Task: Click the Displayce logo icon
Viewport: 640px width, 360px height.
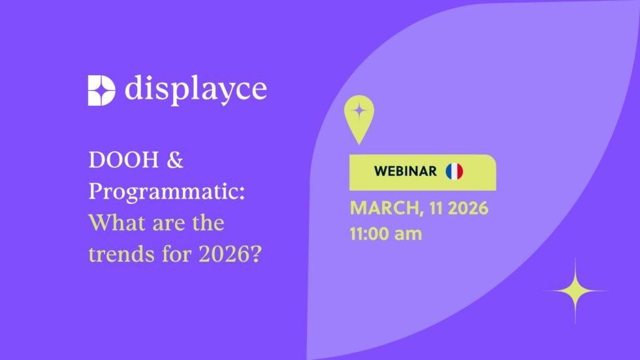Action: pos(102,90)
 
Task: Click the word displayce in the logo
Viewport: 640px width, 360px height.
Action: pos(196,90)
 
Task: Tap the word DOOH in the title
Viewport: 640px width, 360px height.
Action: pos(123,159)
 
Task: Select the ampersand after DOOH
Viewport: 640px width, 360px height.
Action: pos(175,159)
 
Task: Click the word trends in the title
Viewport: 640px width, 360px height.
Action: pos(122,254)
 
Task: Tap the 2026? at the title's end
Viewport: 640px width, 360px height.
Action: pos(230,254)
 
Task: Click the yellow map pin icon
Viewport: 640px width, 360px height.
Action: pos(359,119)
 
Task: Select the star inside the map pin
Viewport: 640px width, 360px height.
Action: pos(359,110)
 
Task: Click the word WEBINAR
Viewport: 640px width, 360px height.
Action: pos(406,171)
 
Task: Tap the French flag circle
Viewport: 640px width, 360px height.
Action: pos(455,171)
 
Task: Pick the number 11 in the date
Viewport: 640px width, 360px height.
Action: pos(436,208)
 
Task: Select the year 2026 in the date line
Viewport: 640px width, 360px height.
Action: pos(468,208)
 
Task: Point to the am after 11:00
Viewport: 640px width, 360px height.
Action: pos(408,235)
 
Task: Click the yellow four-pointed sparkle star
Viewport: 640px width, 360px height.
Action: pos(575,291)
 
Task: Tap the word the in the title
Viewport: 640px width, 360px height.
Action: pos(208,223)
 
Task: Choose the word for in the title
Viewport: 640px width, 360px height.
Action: pos(177,254)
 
